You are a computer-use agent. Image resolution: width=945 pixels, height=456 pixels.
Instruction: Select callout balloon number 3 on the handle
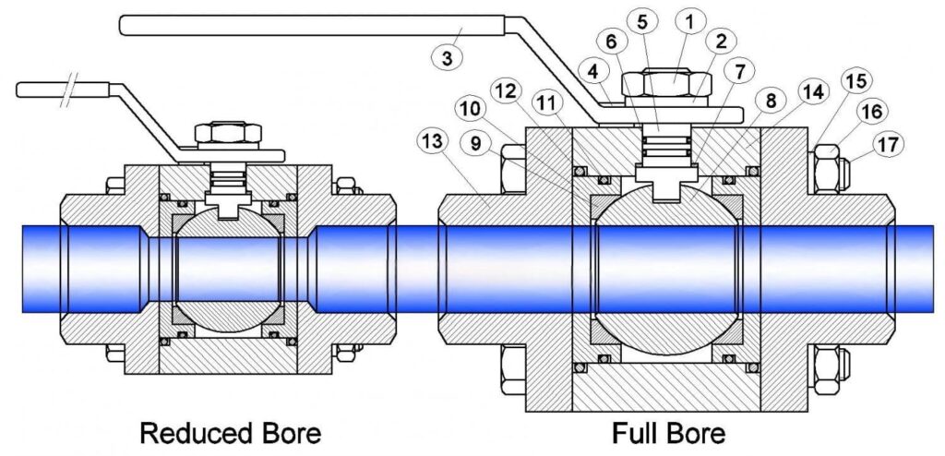click(x=448, y=57)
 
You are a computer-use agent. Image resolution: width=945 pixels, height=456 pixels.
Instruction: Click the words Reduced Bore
click(x=230, y=432)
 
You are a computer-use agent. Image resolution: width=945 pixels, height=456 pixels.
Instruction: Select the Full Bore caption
click(x=668, y=432)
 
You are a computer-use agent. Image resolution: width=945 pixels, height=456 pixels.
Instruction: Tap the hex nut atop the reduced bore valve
click(x=229, y=131)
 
